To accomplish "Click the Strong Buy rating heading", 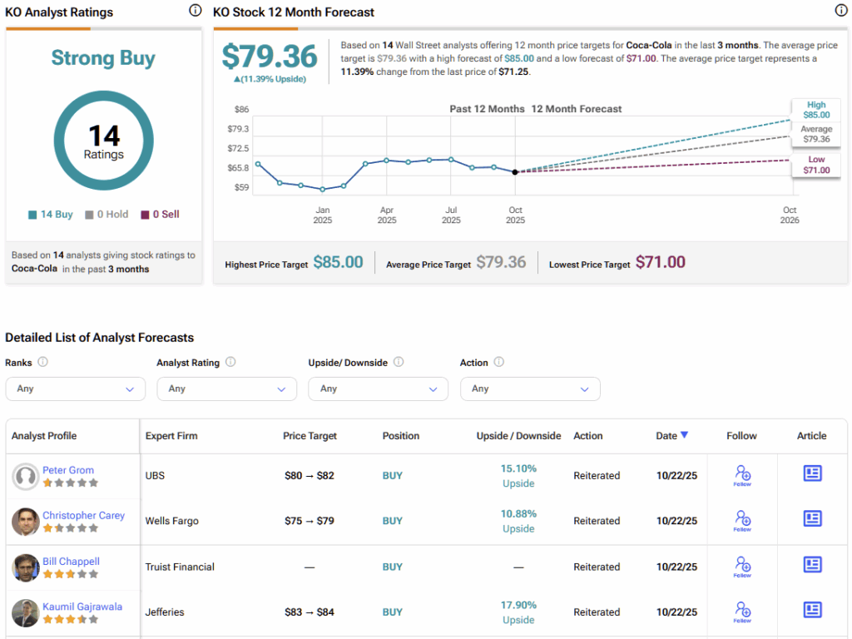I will click(x=103, y=58).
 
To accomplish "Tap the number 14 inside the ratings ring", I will click(x=104, y=135).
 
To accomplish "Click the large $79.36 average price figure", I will click(x=270, y=57).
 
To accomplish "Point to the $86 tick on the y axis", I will click(x=241, y=109).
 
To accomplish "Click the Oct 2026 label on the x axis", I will click(x=790, y=215).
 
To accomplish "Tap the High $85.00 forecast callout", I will click(x=816, y=110).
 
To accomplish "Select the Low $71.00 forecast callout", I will click(x=816, y=165).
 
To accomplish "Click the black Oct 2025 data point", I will click(x=515, y=172).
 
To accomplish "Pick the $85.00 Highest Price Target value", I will click(x=338, y=263).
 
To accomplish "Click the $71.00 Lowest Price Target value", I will click(x=661, y=263).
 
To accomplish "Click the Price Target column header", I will click(x=311, y=436).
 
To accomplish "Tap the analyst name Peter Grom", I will click(x=68, y=470).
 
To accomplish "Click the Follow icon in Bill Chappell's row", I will click(x=742, y=567).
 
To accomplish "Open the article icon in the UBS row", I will click(x=812, y=473).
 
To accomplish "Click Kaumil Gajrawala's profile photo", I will click(x=26, y=612).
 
